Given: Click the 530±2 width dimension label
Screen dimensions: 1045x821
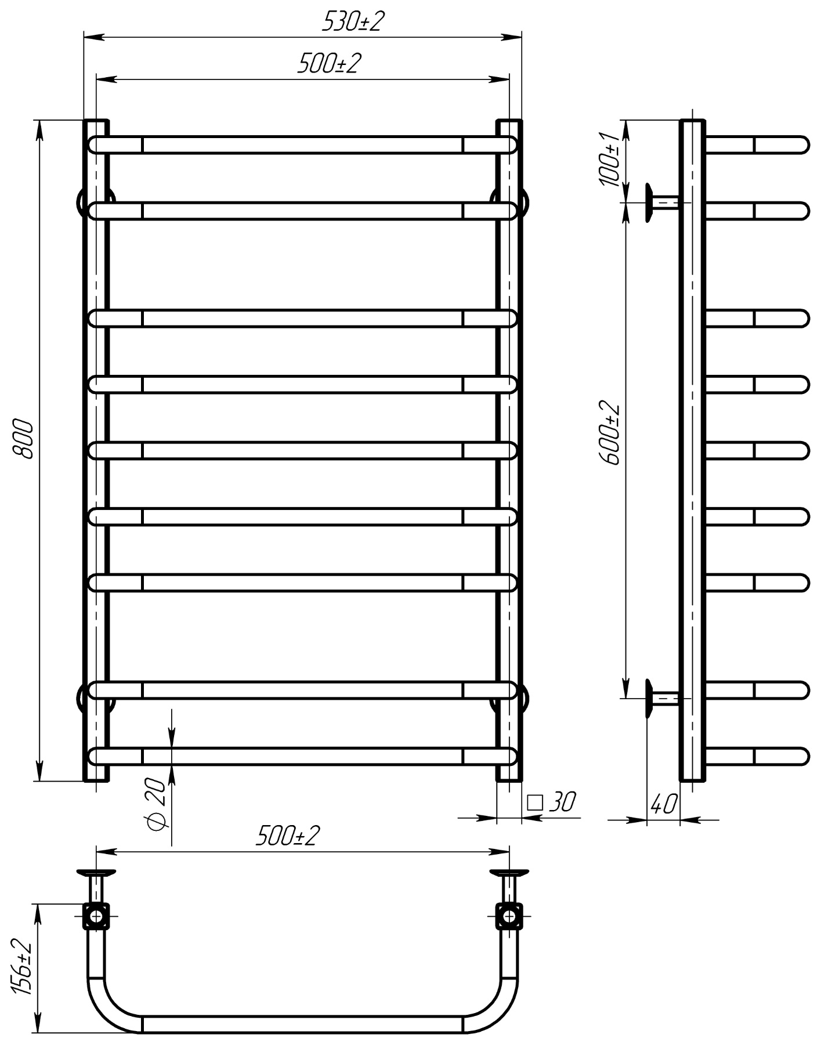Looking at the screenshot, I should click(x=353, y=22).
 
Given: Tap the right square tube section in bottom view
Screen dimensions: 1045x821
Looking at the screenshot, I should click(x=509, y=916).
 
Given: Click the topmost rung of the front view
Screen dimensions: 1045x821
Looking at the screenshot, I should click(x=302, y=144).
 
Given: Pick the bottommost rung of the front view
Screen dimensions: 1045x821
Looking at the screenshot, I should click(x=302, y=756).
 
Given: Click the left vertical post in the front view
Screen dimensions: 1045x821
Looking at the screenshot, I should click(x=96, y=464).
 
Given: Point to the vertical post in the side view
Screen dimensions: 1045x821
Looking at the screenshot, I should click(x=692, y=464).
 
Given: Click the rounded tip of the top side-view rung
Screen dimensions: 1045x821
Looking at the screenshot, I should click(x=801, y=144).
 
